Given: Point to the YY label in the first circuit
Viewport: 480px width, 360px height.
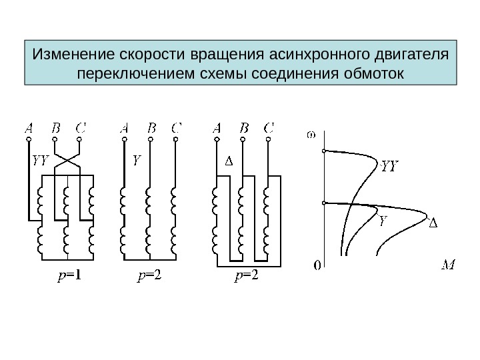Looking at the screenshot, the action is (x=41, y=161).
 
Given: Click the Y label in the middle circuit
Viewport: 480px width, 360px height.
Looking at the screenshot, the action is (x=137, y=161).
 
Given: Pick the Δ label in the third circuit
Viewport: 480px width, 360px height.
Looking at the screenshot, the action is (x=228, y=161).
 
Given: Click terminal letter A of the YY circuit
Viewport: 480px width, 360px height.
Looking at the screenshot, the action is (x=29, y=126).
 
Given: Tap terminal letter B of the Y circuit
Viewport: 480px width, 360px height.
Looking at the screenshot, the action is (x=151, y=126).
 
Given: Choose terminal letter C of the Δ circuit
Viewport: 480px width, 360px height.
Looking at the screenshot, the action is (x=269, y=126).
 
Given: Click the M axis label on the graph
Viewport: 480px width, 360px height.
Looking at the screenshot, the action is (x=449, y=266).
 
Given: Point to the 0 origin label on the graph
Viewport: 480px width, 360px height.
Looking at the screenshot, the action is (x=317, y=266).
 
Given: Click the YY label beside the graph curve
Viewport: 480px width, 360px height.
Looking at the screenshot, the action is (x=389, y=166).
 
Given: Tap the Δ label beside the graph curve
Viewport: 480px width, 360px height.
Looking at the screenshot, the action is (x=432, y=223).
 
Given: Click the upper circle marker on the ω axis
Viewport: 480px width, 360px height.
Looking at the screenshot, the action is (x=324, y=152).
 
